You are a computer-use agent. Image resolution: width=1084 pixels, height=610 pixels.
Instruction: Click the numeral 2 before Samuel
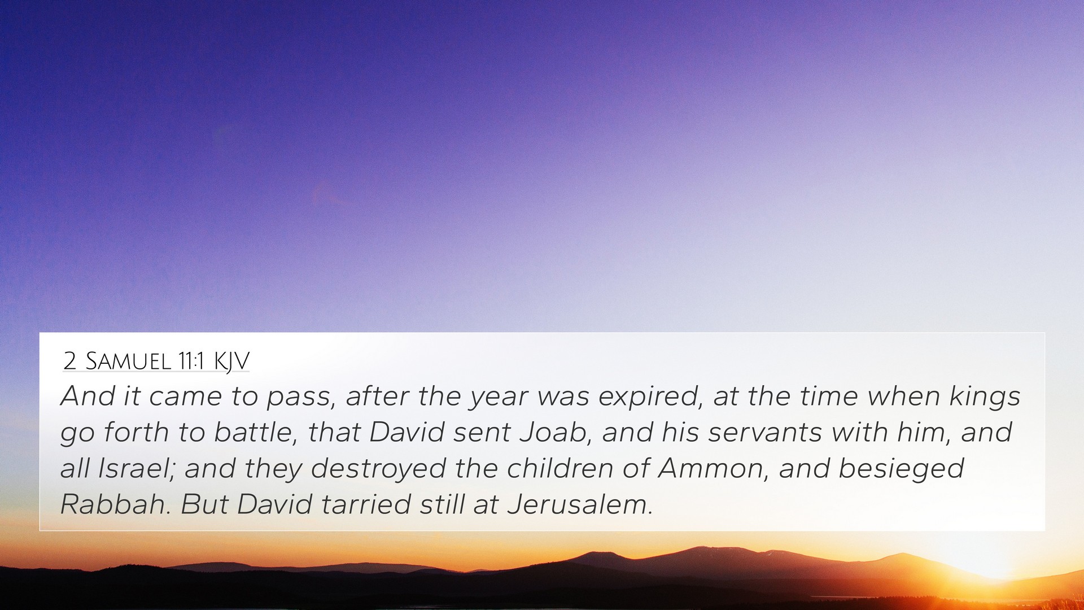pos(69,361)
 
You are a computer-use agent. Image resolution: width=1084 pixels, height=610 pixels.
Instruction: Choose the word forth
pos(137,433)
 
